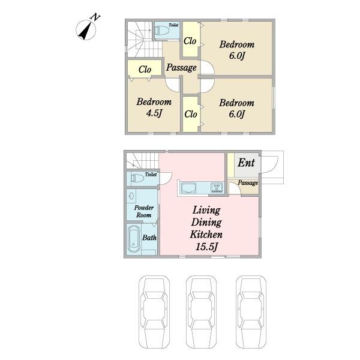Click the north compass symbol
[86, 29]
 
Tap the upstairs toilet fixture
[161, 30]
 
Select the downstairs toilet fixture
[137, 178]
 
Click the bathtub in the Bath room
[134, 239]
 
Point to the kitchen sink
[188, 188]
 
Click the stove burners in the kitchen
[217, 187]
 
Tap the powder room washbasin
[131, 196]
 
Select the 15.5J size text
[206, 247]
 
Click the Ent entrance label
[246, 163]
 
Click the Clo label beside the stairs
[145, 69]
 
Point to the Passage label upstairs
[181, 67]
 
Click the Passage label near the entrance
[248, 183]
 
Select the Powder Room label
[144, 211]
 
